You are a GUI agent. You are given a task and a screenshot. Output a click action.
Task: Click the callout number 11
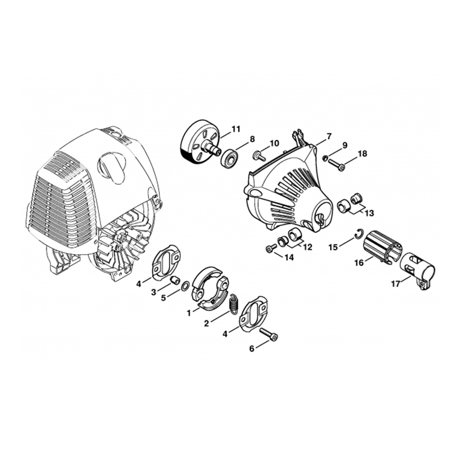pyautogui.click(x=236, y=129)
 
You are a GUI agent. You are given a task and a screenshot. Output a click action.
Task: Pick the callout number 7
pyautogui.click(x=328, y=136)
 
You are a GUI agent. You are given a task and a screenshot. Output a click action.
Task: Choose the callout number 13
pyautogui.click(x=369, y=213)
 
